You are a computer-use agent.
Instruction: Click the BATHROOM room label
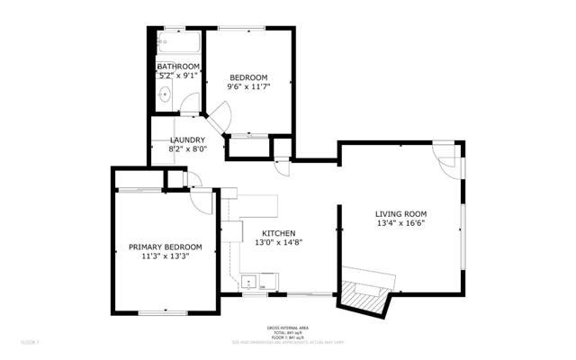click(177, 67)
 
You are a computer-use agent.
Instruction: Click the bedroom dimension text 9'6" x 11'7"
click(247, 85)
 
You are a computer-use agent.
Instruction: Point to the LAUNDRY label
click(187, 139)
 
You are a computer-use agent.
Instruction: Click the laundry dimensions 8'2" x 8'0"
click(187, 149)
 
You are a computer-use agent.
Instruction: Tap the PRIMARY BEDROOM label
click(165, 247)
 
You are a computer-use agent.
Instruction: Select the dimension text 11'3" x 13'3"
click(165, 256)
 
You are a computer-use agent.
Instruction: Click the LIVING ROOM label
click(400, 213)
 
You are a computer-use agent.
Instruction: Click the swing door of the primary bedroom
click(202, 201)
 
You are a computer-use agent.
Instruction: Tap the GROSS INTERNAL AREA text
click(287, 327)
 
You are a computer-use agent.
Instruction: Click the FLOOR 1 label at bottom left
click(31, 343)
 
